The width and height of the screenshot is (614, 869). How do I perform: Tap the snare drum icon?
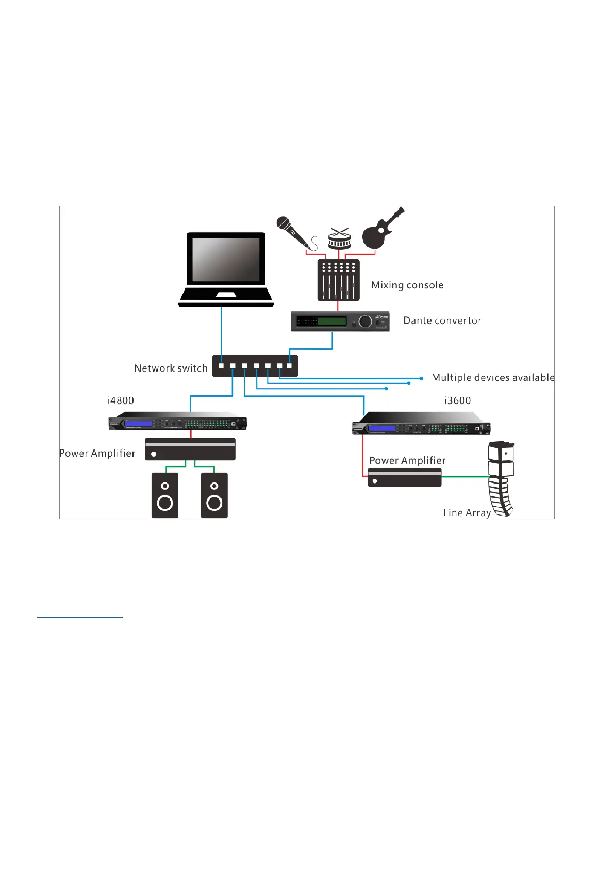tap(339, 239)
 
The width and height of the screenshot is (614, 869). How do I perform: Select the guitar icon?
tap(380, 230)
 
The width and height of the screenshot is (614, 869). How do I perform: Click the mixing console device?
tap(338, 280)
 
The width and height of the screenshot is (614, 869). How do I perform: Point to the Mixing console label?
tap(407, 285)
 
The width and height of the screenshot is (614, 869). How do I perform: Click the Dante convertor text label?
tap(442, 321)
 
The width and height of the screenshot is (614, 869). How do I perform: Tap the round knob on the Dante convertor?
tap(365, 321)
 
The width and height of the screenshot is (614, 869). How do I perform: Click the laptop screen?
tap(226, 260)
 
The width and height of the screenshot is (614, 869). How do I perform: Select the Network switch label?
tap(171, 368)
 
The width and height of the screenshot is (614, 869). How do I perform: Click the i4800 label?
tap(121, 401)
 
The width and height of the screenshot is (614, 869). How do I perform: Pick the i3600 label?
tap(457, 401)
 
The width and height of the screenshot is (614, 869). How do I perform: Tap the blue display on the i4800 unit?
tap(139, 424)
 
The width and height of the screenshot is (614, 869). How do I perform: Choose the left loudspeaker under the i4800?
tap(165, 495)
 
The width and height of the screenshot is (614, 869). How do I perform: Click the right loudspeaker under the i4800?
tap(214, 495)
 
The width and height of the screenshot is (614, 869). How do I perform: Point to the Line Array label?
tap(467, 513)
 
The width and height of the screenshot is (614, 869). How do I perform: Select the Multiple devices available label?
tap(493, 378)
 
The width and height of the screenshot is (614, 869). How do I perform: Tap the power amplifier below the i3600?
tap(405, 478)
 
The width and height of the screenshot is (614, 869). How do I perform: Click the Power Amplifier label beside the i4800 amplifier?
tap(97, 454)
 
